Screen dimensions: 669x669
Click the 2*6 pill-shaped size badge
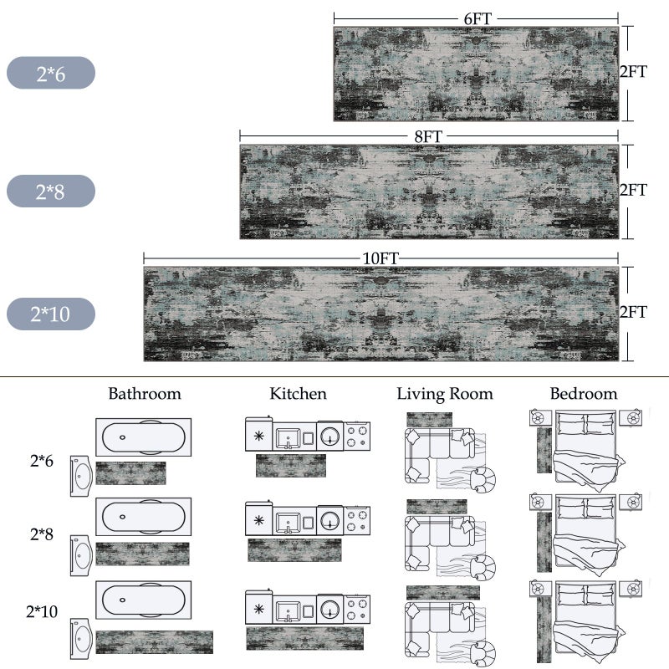(51, 73)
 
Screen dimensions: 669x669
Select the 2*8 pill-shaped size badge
(51, 191)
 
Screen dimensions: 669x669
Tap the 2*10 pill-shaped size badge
(51, 314)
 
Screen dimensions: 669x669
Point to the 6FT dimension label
(477, 18)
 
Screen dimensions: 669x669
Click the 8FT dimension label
(428, 136)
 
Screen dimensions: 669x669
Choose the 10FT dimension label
(380, 258)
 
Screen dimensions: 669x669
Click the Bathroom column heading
(145, 393)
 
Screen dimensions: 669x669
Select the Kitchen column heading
(298, 393)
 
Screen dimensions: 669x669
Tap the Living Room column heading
(445, 394)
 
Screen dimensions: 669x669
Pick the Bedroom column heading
(584, 393)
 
